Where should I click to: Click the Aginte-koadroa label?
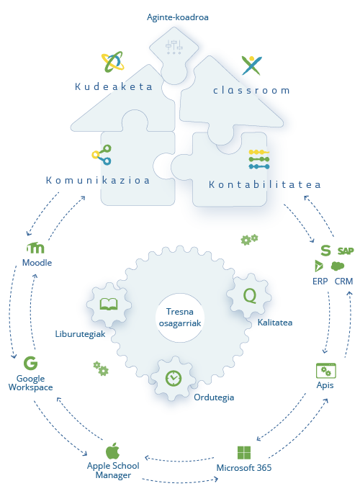tap(177, 17)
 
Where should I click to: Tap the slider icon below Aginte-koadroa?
tap(174, 47)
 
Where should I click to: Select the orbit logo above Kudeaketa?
tap(112, 61)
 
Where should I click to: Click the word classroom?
tap(251, 91)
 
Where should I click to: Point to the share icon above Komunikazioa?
tap(102, 155)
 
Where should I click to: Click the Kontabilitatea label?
tap(264, 184)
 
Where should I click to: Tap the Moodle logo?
tap(35, 248)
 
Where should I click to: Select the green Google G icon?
tap(30, 363)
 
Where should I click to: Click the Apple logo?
tap(112, 451)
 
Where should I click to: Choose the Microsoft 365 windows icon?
tap(244, 453)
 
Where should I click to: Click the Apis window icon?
tap(326, 371)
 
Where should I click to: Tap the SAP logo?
tap(346, 251)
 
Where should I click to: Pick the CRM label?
tap(343, 282)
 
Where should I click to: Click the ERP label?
tap(320, 282)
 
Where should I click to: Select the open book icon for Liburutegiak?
tap(109, 304)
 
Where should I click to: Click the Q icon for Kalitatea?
tap(250, 295)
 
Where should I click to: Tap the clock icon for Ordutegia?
tap(174, 378)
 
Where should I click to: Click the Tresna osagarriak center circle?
tap(180, 318)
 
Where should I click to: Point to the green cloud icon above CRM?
tap(338, 266)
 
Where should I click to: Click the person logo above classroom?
tap(252, 66)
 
